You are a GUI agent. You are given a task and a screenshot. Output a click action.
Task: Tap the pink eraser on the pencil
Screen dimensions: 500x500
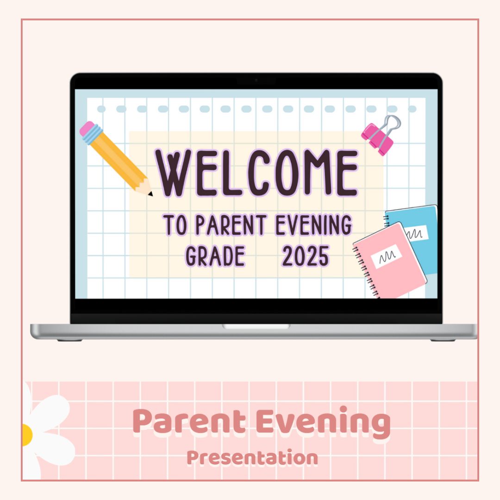[87, 128]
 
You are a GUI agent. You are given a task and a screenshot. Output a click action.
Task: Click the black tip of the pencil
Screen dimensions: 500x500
[150, 194]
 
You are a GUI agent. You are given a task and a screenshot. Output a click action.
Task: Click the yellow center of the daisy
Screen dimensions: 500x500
[26, 435]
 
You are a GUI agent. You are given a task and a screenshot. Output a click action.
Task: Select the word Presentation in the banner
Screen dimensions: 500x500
[252, 458]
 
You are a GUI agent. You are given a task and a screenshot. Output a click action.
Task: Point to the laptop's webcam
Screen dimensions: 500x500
[256, 80]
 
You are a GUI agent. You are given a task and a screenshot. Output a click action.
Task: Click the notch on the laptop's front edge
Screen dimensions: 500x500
[256, 326]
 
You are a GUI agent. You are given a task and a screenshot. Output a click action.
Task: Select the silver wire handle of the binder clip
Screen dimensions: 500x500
[392, 125]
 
